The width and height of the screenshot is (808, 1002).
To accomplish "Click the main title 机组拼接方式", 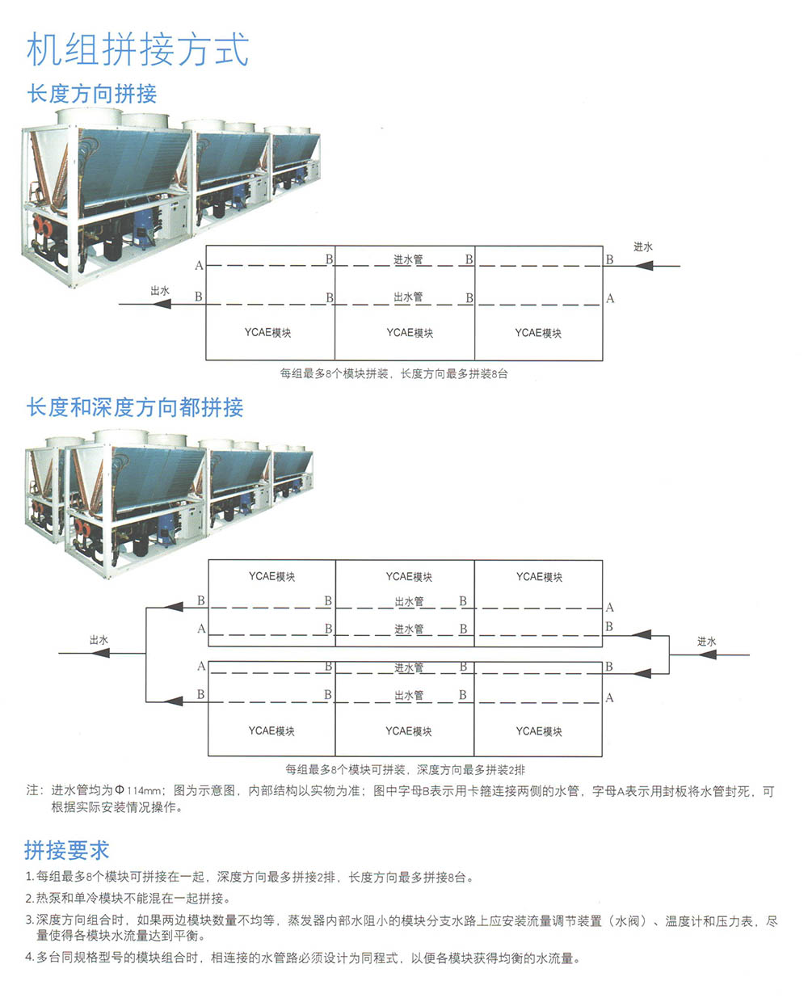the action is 138,50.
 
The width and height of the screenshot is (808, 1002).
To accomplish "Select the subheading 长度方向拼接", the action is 92,94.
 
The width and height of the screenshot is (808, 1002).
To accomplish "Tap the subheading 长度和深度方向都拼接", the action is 135,407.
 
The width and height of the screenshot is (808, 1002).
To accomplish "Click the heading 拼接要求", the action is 66,850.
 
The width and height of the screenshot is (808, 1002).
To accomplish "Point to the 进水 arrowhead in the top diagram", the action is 644,266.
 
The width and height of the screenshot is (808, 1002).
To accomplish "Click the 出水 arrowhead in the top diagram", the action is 162,304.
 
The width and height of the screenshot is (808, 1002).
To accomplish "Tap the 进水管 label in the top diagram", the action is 408,259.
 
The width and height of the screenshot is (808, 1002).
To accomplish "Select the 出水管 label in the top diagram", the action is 408,297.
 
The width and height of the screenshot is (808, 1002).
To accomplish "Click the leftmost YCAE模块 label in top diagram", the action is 267,332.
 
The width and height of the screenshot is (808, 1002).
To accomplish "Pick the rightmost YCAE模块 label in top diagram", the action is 538,332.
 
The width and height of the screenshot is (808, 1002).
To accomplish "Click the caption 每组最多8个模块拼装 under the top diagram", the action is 334,373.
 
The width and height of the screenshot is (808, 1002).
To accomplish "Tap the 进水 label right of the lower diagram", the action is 706,642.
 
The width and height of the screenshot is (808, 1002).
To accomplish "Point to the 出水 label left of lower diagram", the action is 99,640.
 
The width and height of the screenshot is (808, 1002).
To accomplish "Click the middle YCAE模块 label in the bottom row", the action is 408,731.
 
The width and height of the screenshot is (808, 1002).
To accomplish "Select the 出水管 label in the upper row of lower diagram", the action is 409,601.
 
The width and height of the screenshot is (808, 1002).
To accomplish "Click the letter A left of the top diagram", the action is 200,265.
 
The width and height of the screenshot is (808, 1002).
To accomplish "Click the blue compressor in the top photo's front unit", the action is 145,225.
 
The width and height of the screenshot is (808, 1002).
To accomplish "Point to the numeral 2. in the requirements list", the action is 30,899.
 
